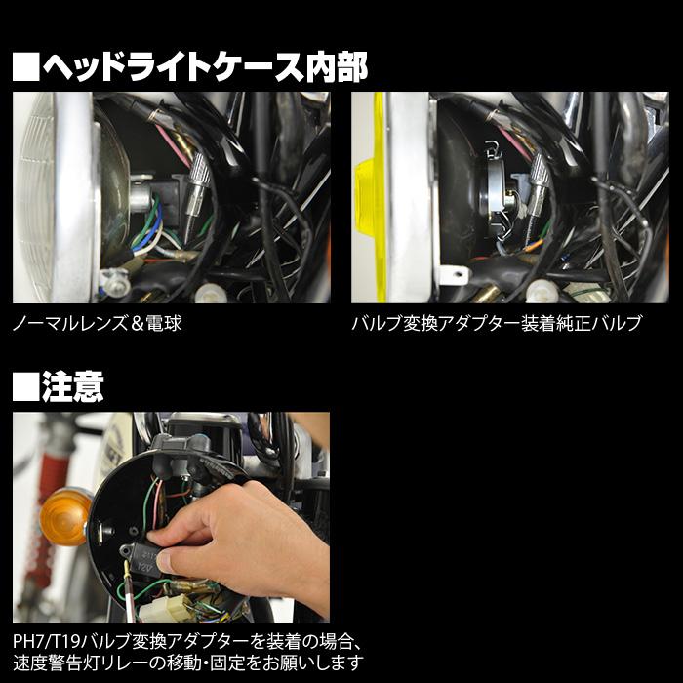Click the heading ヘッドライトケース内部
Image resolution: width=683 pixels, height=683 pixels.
(205, 67)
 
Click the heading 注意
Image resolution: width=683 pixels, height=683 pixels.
(72, 386)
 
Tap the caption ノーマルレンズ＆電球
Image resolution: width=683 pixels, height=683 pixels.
(98, 323)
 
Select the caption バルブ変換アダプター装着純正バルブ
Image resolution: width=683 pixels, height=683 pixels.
(497, 323)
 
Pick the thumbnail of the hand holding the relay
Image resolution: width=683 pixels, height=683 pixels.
(171, 518)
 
